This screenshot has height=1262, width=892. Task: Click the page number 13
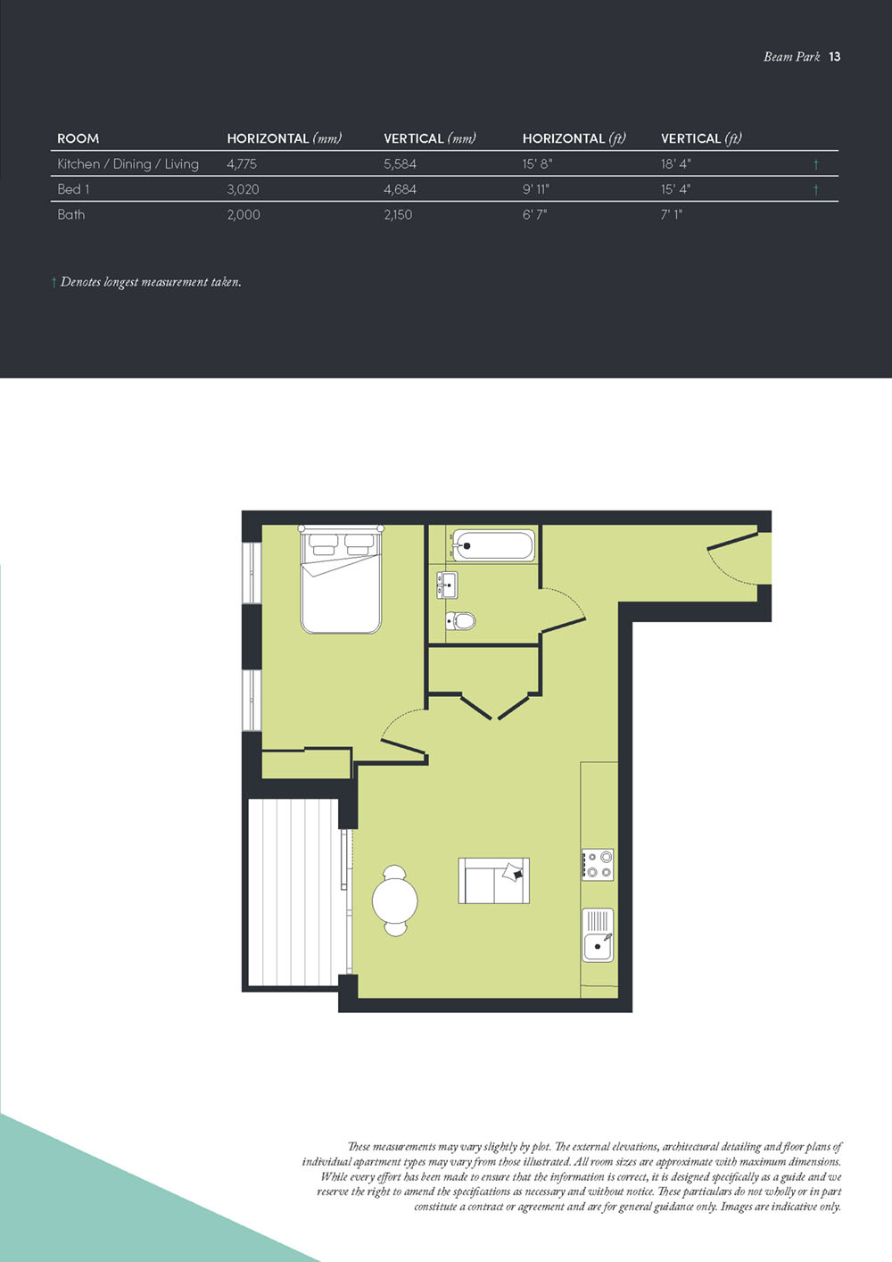835,56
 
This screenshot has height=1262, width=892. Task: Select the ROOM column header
78,138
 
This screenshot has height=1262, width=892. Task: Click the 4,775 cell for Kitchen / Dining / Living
242,164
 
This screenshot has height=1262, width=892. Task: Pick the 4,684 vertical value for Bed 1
400,189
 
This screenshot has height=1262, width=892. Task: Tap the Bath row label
71,214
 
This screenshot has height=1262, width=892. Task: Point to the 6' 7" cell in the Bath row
534,214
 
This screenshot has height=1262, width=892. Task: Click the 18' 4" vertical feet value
675,164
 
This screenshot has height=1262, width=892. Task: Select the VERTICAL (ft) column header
701,138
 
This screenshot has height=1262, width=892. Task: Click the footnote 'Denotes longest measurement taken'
150,282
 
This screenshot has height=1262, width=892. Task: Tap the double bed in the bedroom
341,580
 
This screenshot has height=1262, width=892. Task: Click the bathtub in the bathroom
493,545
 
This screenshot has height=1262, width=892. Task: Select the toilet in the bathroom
460,620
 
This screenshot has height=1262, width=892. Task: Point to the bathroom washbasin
446,585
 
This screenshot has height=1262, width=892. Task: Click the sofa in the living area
494,881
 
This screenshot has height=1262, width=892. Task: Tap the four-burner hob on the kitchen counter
598,865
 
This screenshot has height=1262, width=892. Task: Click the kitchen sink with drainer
598,934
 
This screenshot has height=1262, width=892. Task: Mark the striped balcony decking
293,893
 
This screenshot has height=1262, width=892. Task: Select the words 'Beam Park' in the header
791,56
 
